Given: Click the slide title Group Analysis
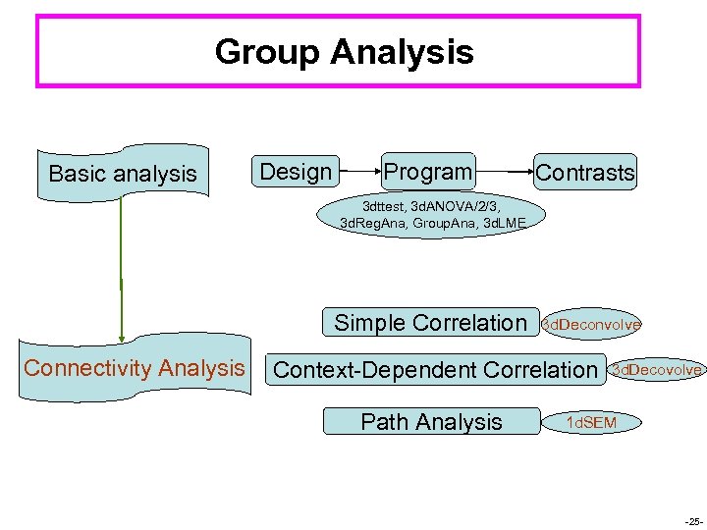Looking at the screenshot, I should (344, 52).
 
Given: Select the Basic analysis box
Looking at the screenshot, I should (123, 174).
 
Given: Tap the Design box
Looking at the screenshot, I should (296, 172).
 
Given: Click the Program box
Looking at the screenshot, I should (427, 172).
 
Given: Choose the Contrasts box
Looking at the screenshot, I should (585, 173).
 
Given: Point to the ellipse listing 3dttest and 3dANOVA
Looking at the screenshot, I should (433, 215).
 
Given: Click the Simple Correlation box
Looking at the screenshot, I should (431, 323).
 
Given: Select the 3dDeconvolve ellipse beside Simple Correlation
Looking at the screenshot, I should (592, 324).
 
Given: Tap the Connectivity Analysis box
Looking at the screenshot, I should (135, 369).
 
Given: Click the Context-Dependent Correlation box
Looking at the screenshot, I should (435, 370).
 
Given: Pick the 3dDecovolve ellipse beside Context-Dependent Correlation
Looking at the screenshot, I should (656, 370).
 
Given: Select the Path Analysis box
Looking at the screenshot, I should (431, 422).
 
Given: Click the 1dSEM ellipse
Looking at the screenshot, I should (591, 422).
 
